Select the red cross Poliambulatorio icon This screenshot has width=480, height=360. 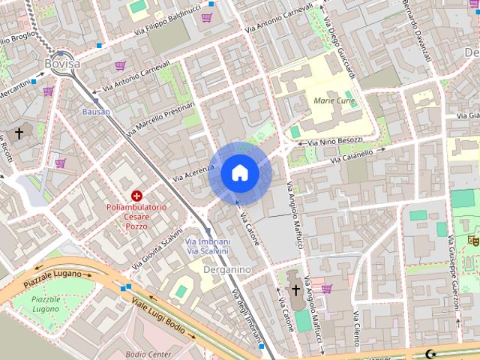coord(136,196)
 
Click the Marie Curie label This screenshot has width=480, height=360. coord(334,100)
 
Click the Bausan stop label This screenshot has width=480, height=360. coord(96,112)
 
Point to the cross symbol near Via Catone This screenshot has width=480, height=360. coord(295,289)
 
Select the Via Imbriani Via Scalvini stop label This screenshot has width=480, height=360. coord(207,246)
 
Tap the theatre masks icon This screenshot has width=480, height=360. coord(472,240)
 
